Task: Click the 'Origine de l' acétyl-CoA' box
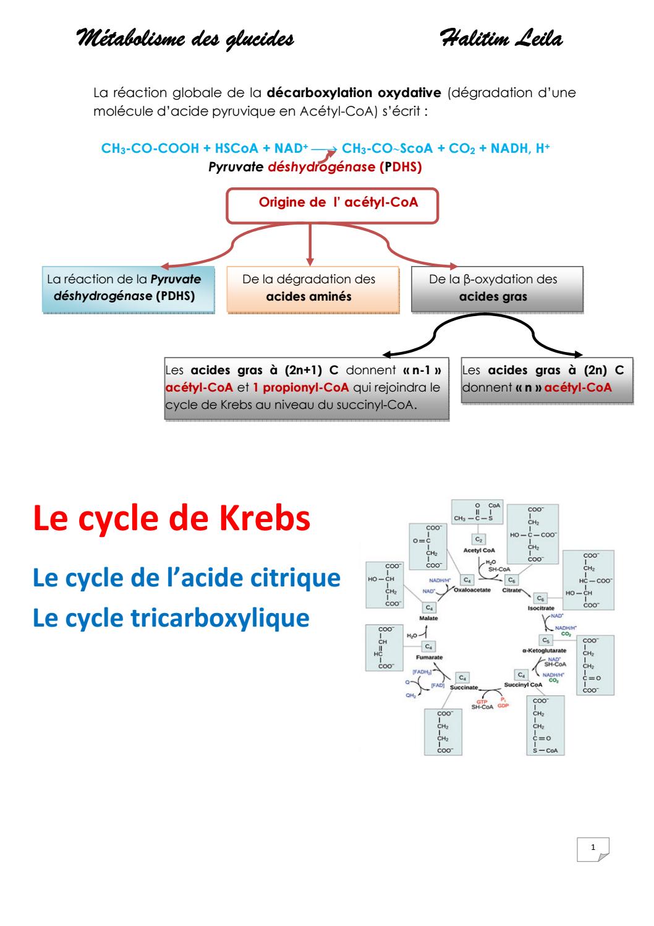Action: [x=333, y=204]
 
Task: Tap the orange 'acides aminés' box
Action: [x=308, y=288]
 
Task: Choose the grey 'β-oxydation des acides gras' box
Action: [x=497, y=288]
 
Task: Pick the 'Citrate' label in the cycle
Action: [x=511, y=591]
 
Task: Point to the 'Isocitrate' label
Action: [x=541, y=609]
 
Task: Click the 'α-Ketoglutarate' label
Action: [x=545, y=651]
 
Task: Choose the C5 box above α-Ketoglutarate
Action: [x=546, y=640]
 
